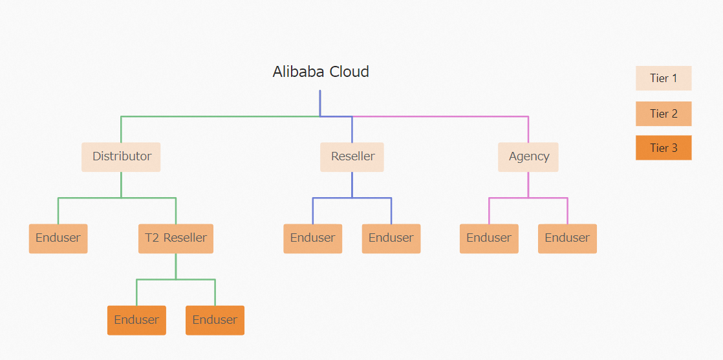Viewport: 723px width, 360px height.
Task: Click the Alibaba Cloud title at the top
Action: point(321,72)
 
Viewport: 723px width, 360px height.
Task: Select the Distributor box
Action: point(121,156)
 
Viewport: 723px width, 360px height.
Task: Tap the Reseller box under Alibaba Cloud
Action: point(352,156)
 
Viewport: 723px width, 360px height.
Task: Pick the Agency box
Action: point(528,156)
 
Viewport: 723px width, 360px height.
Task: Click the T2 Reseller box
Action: point(175,238)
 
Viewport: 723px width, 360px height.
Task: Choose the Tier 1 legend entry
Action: point(664,78)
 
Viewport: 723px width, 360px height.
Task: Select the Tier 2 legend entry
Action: point(664,114)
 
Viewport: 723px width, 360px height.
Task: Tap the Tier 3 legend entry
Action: point(664,148)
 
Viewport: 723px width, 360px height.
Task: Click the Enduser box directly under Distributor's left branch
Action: point(58,238)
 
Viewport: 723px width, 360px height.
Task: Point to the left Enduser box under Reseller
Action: point(312,238)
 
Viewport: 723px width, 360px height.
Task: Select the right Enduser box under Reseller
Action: point(391,238)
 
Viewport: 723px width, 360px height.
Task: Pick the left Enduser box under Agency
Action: point(489,238)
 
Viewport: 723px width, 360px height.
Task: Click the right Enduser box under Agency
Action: point(567,238)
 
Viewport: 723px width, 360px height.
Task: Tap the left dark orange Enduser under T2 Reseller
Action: point(136,320)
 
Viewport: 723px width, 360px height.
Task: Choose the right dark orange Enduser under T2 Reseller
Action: point(215,320)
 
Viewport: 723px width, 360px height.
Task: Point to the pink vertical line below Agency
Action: point(528,184)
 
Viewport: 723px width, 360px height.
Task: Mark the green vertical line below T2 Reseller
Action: point(175,266)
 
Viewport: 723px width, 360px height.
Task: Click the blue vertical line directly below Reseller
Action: point(352,184)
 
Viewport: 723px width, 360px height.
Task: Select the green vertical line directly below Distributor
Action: point(121,184)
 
